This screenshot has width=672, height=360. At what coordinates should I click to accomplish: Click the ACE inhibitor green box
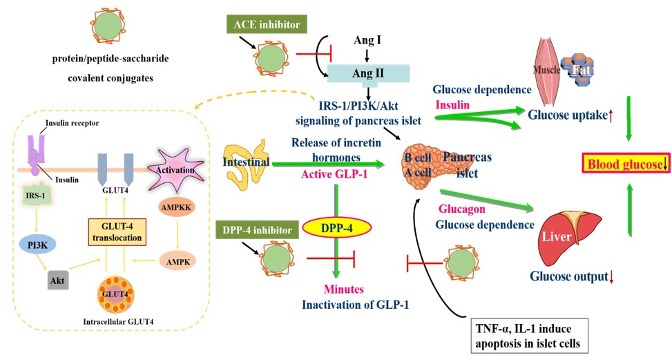[x=267, y=26]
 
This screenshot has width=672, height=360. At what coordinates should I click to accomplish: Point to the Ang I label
[x=368, y=40]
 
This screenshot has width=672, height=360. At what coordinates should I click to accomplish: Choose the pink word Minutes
[x=343, y=288]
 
